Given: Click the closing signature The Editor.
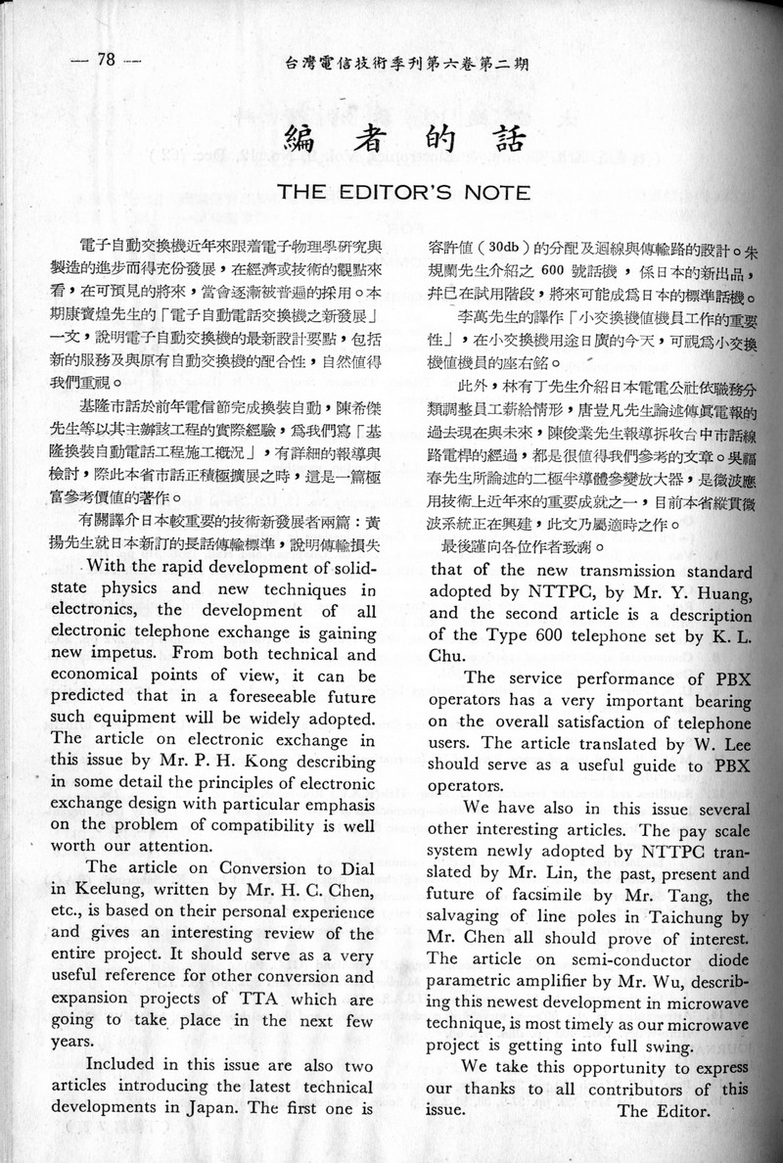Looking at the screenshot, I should click(663, 1110).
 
